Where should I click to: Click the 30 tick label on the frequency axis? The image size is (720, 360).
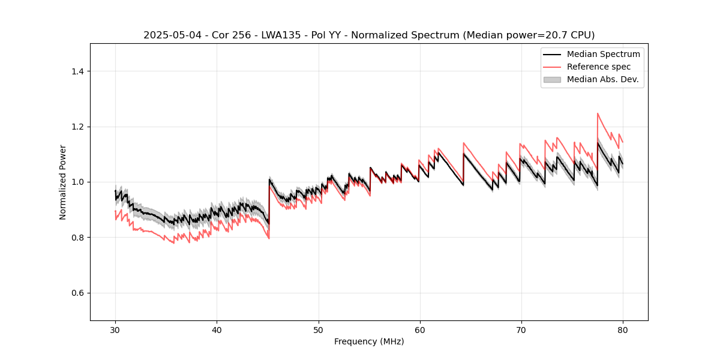click(115, 330)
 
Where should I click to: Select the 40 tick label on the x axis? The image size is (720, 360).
click(217, 330)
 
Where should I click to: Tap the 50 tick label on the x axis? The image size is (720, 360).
click(318, 330)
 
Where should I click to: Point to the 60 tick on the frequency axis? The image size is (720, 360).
click(419, 330)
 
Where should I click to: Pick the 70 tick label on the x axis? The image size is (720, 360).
click(521, 330)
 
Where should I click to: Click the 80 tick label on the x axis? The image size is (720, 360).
click(622, 330)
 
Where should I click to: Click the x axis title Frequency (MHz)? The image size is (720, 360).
click(369, 342)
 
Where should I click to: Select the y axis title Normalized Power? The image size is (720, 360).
click(63, 182)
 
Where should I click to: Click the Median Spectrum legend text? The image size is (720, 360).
click(603, 55)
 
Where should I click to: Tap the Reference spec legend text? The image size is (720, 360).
click(599, 67)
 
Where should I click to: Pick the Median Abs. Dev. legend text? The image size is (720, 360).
click(602, 79)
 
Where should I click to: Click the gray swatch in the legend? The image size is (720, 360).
click(552, 79)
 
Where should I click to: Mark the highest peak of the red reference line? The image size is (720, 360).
click(598, 113)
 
